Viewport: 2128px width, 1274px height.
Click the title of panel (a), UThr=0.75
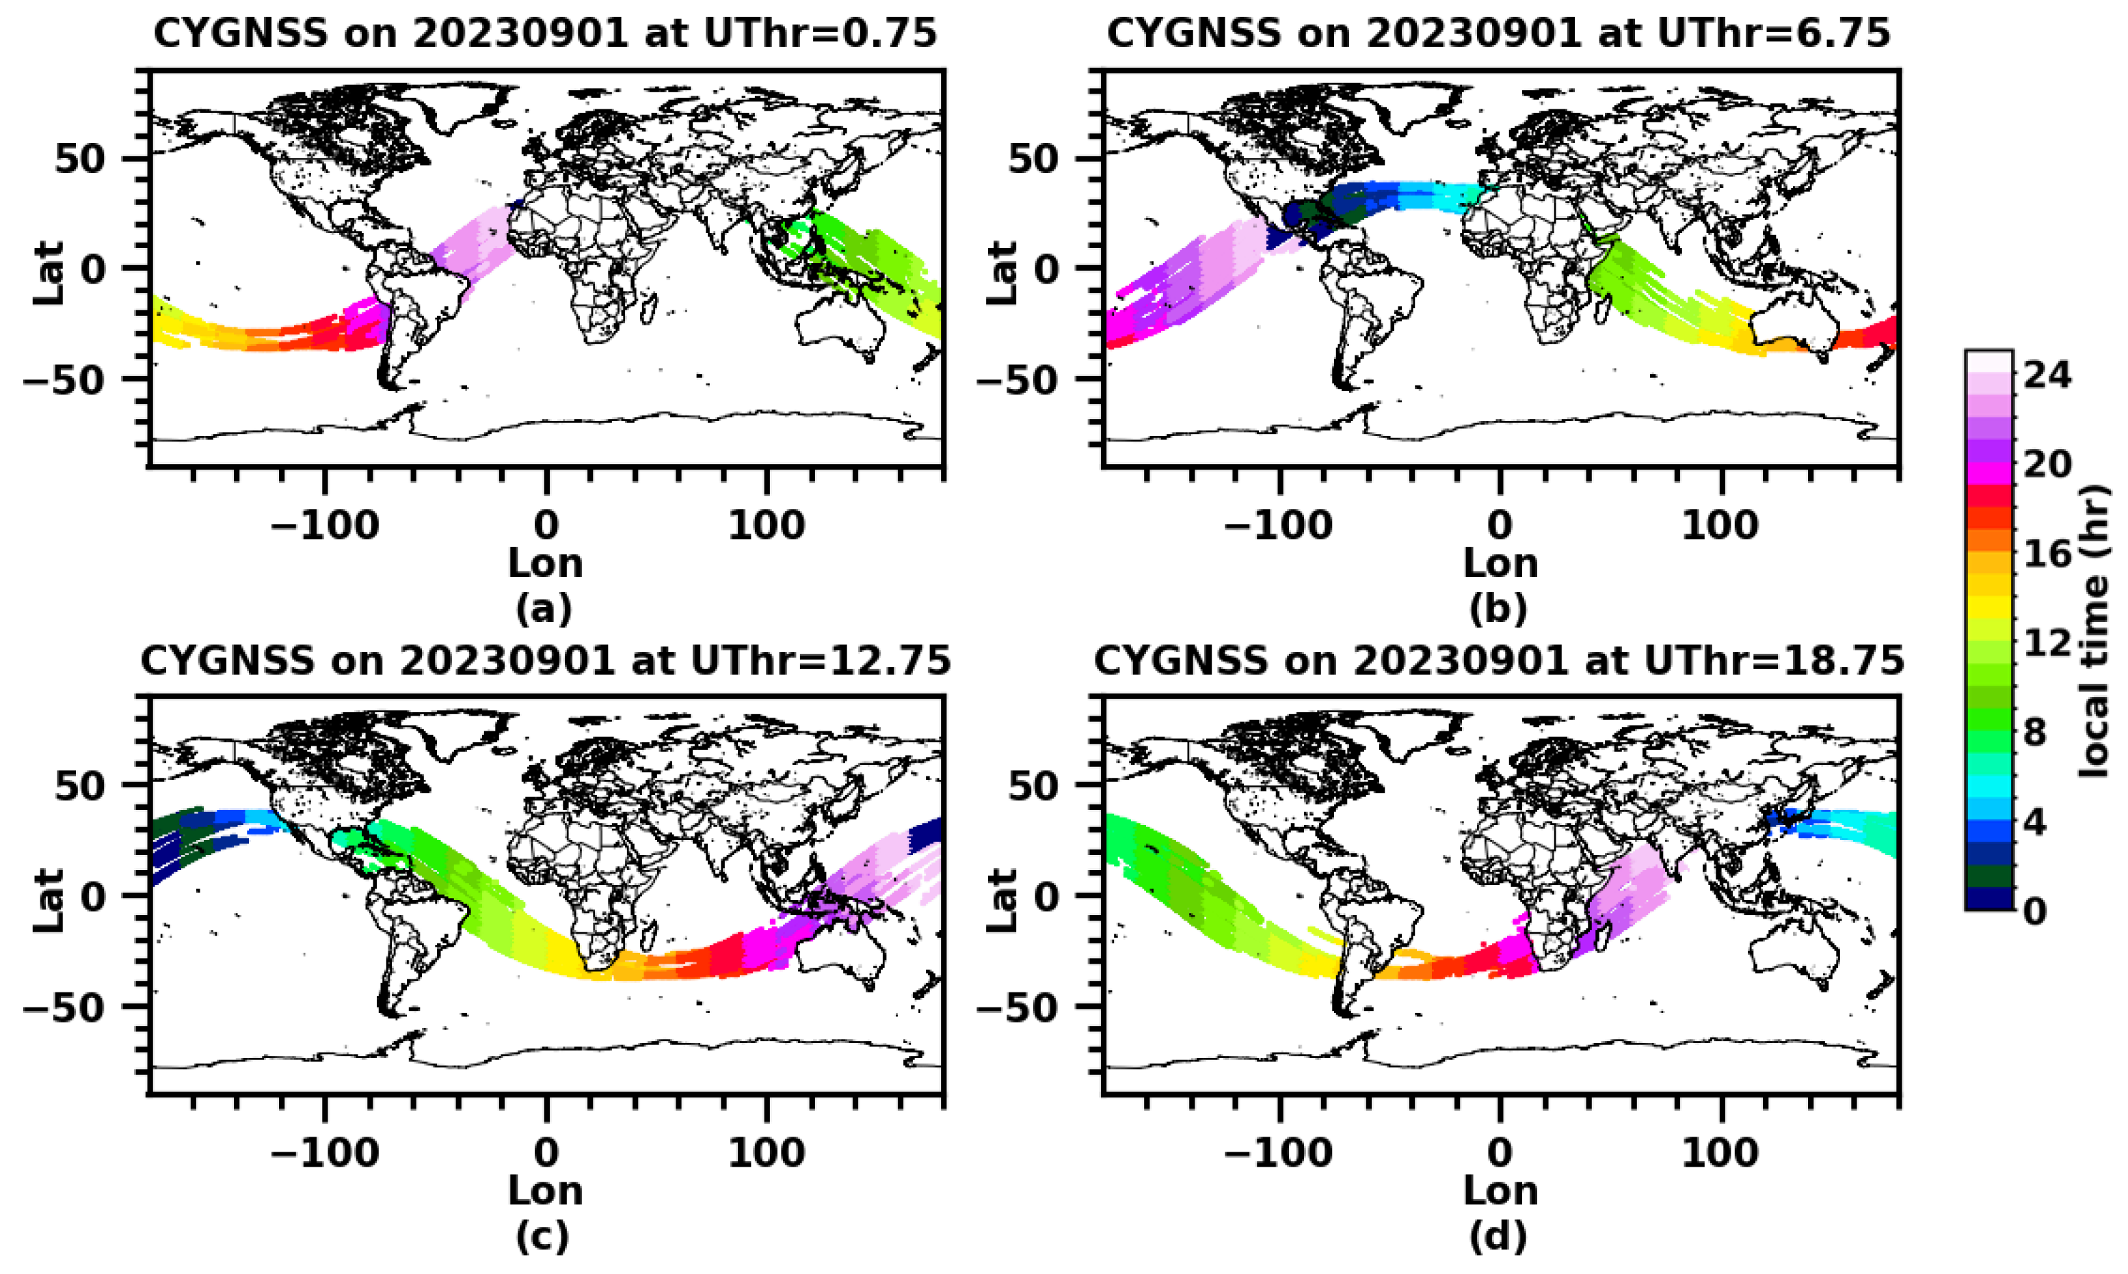click(544, 34)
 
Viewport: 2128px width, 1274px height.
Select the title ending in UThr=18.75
click(1498, 661)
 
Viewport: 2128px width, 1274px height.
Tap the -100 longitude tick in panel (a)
click(325, 526)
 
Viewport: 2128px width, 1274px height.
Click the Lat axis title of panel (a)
click(50, 273)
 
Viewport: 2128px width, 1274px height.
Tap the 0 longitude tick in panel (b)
click(1500, 526)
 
